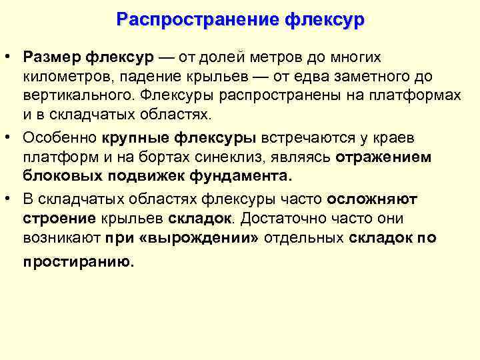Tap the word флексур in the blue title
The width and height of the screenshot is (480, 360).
(x=325, y=19)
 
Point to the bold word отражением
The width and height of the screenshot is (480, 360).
(x=383, y=157)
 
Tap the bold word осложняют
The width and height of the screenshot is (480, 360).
(x=373, y=199)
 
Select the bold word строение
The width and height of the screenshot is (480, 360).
(x=59, y=219)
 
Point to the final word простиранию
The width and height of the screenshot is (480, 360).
(x=78, y=262)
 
